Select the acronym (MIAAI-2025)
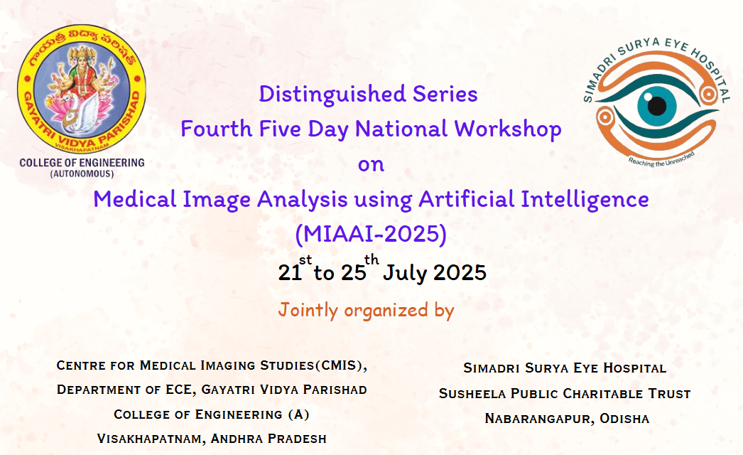371,234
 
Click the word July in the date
405,273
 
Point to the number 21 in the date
290,273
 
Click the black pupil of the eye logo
657,106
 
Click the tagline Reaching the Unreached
661,160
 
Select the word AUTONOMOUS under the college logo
82,173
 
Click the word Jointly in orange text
308,310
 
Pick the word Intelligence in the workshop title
585,199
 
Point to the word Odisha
624,419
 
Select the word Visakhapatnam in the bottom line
150,439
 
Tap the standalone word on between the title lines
371,165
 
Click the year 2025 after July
460,273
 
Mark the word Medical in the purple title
135,199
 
